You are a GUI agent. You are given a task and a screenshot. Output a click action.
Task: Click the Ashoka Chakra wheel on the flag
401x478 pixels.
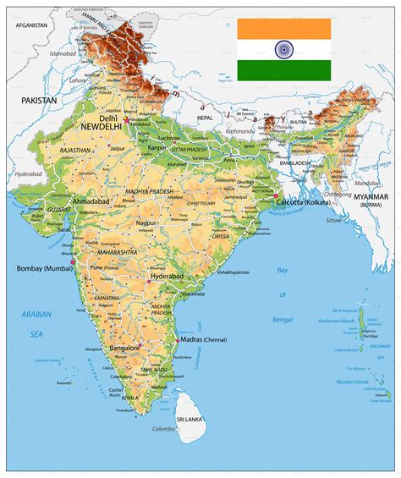[x=283, y=49]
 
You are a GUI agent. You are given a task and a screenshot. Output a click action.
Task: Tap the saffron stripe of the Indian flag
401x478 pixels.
[x=283, y=29]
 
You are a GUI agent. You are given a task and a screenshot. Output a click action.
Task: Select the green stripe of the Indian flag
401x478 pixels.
[x=283, y=70]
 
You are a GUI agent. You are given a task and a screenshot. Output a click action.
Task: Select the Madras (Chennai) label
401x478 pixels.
[x=204, y=339]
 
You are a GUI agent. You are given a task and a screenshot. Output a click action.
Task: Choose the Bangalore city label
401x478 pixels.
[x=124, y=348]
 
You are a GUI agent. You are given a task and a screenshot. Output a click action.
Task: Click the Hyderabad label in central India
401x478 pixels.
[x=166, y=276]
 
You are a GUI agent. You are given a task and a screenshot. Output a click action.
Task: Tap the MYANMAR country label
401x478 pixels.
[x=373, y=196]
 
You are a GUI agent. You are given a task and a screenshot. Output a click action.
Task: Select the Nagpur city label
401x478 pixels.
[x=147, y=223]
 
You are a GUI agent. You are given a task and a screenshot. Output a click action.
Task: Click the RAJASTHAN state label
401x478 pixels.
[x=75, y=150]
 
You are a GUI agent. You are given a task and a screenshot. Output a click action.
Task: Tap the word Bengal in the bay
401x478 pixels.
[x=282, y=321]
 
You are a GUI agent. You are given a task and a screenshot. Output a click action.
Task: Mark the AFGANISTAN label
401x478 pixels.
[x=25, y=25]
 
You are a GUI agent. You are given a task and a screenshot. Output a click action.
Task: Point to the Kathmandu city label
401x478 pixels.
[x=239, y=131]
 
